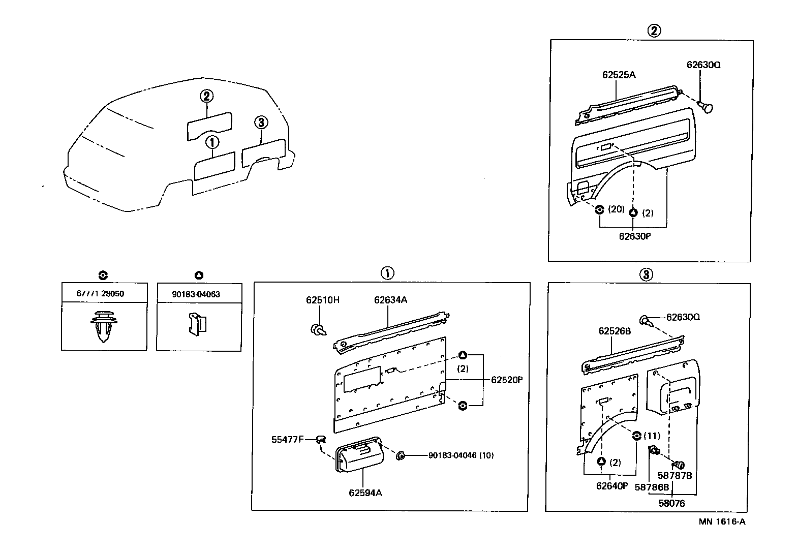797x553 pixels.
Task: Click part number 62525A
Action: (x=619, y=75)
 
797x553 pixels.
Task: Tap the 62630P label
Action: (x=635, y=236)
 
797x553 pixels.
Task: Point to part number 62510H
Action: (x=322, y=300)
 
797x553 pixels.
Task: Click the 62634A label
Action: (x=390, y=300)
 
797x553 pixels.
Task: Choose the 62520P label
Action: (x=507, y=380)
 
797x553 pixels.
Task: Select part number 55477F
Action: (x=287, y=439)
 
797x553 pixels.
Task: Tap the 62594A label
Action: (x=365, y=493)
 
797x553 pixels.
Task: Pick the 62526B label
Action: (x=614, y=331)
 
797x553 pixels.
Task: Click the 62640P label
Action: (x=612, y=486)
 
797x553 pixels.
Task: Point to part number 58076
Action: (x=671, y=504)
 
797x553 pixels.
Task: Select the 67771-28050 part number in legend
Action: (x=100, y=294)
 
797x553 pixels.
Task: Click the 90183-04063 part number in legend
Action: (x=196, y=294)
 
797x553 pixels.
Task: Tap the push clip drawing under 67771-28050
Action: (x=104, y=326)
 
